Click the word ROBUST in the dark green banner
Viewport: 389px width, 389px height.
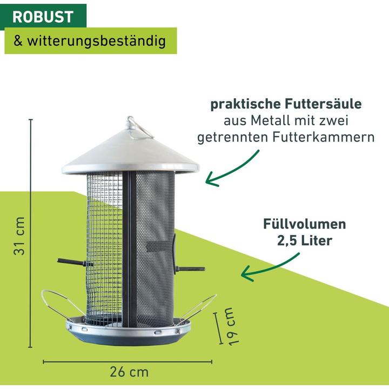(43, 17)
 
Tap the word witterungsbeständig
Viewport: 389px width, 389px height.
(97, 41)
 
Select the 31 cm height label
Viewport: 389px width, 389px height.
(19, 236)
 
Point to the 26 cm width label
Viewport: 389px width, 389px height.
(129, 372)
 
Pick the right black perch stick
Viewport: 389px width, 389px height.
(190, 269)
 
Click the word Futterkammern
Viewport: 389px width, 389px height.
(324, 137)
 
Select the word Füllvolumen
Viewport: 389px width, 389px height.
(304, 224)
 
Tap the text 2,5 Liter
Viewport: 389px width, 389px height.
(304, 240)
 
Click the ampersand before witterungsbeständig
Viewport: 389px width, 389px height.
(18, 41)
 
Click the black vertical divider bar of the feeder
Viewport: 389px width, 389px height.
(129, 248)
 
